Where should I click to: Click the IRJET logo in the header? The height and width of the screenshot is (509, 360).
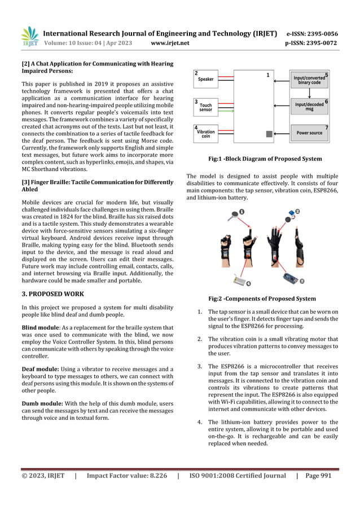coord(30,37)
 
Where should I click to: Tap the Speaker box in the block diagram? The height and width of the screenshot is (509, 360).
coord(206,79)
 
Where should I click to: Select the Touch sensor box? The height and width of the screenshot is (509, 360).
coord(206,107)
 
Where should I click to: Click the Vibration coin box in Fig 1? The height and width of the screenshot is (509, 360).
coord(206,133)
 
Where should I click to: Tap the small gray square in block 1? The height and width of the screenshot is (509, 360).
coord(269,134)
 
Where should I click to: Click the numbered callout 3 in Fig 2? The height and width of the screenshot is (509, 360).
coord(302,280)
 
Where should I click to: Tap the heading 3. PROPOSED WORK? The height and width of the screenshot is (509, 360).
coord(52,294)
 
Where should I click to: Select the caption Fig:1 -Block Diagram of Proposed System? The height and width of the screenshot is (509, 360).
coord(265,159)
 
